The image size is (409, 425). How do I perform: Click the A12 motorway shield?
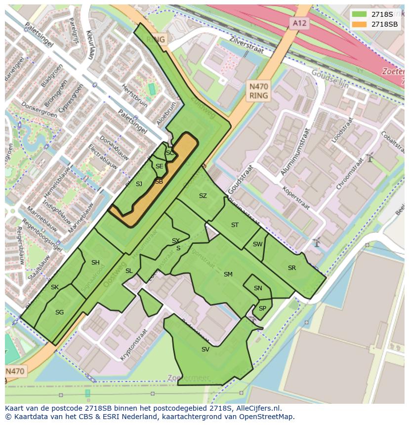pos(299,23)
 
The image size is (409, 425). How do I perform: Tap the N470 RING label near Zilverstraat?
pos(258,91)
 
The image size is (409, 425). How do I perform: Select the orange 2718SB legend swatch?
pos(360,24)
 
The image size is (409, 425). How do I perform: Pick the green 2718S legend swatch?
pos(360,14)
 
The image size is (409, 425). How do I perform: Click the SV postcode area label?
pos(205,349)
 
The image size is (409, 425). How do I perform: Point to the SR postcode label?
pos(292,268)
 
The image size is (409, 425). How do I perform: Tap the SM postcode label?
pos(228,274)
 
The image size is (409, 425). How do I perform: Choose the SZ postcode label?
pos(203,196)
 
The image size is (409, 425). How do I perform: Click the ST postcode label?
pos(235,225)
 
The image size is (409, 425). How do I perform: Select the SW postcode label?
pos(257,244)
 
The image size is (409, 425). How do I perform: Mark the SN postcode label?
pos(258,288)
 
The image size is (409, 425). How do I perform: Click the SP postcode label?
pos(262,309)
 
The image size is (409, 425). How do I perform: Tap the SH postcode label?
pos(95,263)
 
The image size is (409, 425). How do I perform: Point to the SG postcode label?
pos(59,312)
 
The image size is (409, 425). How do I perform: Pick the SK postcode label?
pos(54,287)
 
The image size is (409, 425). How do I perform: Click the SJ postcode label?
pos(139,184)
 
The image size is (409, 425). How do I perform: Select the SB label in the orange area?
pos(159,182)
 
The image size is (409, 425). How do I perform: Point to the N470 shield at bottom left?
pos(15,371)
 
